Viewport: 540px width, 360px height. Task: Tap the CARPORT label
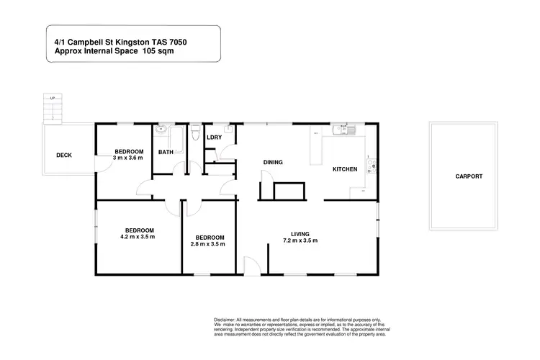click(469, 176)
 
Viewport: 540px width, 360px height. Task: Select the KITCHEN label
click(344, 169)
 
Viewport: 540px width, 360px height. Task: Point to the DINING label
click(273, 163)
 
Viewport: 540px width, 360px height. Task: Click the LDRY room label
click(214, 138)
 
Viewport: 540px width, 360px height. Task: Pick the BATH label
click(166, 152)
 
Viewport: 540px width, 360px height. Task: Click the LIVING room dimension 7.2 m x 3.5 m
click(300, 240)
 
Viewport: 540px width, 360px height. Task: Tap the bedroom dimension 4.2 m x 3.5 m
click(138, 236)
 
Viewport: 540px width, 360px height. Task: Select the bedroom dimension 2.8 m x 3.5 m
click(208, 244)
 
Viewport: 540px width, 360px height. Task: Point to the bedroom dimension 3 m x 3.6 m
click(130, 158)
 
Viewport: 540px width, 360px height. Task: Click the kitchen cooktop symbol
click(370, 167)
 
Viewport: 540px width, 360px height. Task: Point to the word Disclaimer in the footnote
click(225, 318)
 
